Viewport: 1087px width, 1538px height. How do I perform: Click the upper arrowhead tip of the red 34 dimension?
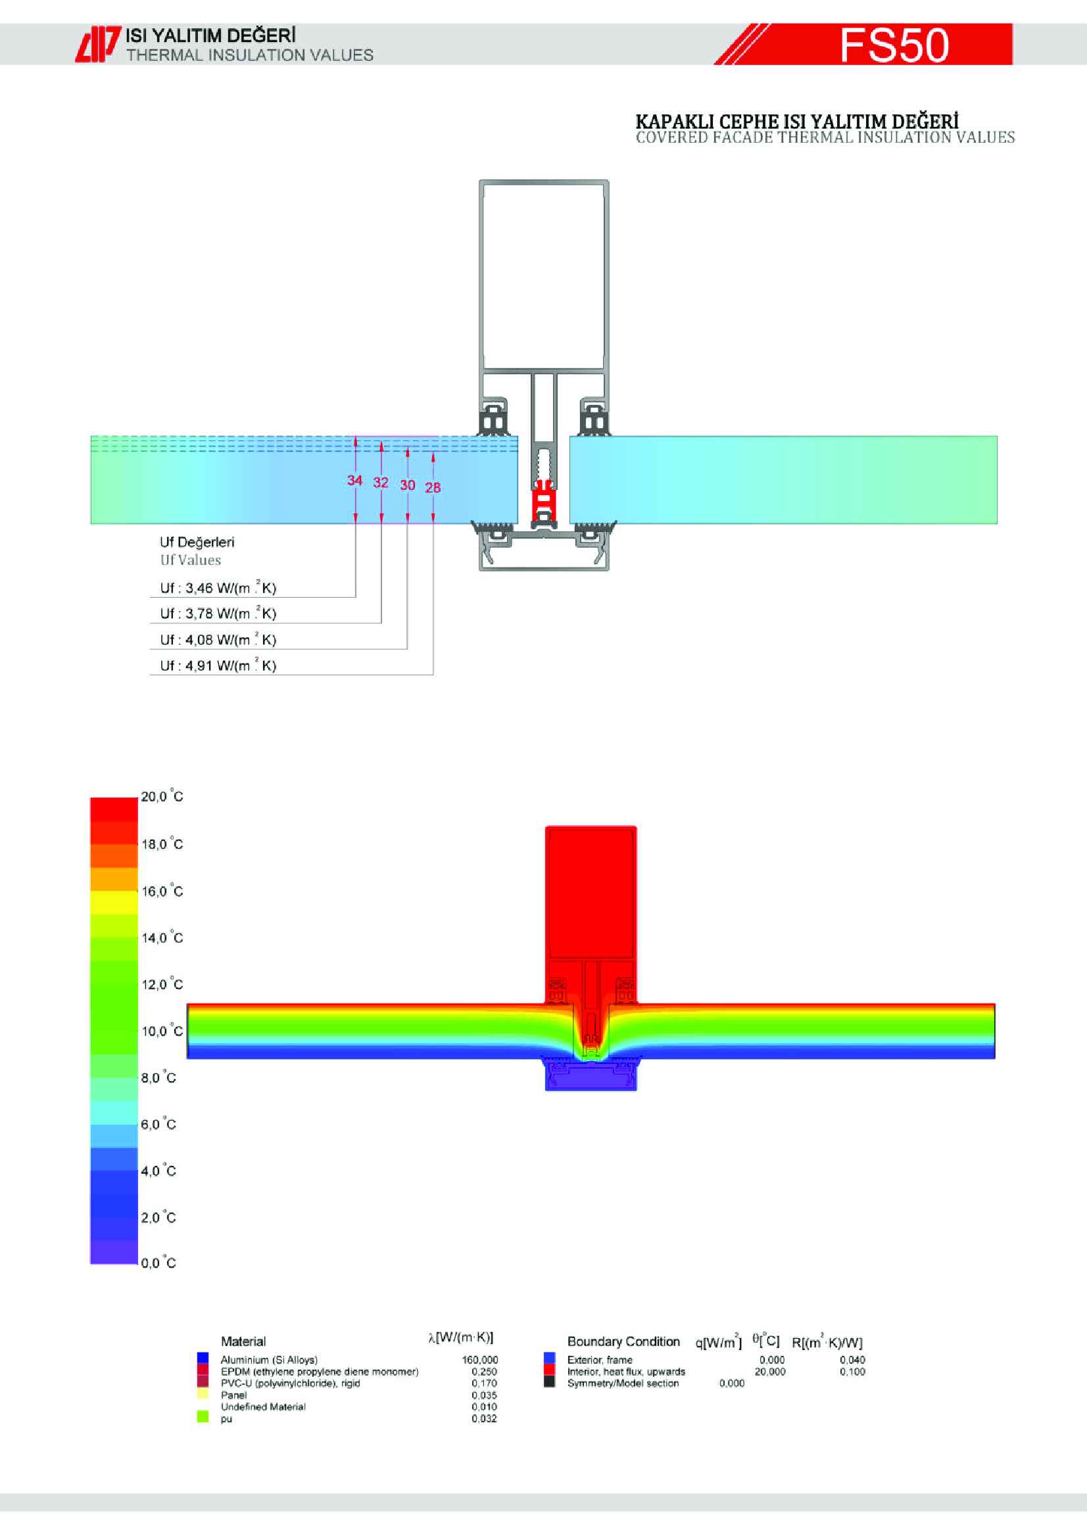pos(356,437)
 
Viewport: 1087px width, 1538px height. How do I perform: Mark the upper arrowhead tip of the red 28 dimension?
pos(433,454)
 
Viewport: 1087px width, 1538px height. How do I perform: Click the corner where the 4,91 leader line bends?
pos(433,675)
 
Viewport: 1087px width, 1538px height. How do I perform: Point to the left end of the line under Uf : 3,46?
pos(150,597)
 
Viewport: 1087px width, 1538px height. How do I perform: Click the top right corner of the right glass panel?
pos(998,437)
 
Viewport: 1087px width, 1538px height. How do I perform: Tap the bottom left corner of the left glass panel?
pos(91,523)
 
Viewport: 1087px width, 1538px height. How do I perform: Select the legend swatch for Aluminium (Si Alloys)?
pos(203,1359)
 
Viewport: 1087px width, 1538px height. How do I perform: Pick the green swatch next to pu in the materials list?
pos(203,1418)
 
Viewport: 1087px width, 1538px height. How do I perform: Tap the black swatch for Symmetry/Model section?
pos(550,1383)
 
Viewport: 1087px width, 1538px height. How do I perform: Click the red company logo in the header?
pos(98,44)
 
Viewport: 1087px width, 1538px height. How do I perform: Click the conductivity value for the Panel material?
pos(484,1395)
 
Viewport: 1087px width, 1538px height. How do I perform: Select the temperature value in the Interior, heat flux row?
pos(769,1371)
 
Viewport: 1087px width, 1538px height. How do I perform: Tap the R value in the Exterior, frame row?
pos(853,1360)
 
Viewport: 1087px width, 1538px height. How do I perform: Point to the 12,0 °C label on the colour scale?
pos(162,984)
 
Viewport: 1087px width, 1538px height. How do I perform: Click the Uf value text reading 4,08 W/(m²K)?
pos(218,639)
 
